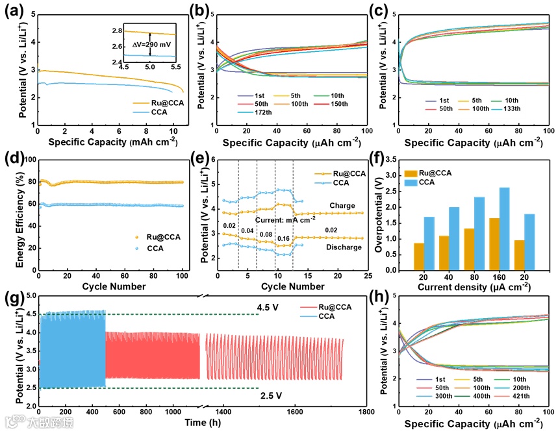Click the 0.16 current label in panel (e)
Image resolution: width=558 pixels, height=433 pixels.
pyautogui.click(x=284, y=238)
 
